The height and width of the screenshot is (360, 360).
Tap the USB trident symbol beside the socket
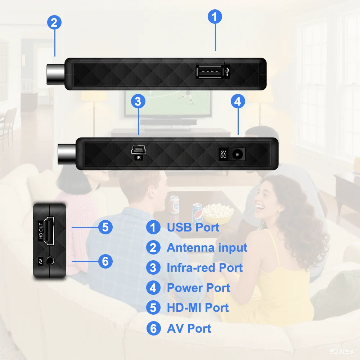228,72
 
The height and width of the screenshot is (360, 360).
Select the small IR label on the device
138,157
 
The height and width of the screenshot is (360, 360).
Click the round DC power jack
237,154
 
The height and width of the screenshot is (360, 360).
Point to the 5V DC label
223,154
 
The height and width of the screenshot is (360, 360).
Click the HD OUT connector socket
49,231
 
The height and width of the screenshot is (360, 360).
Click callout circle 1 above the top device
215,17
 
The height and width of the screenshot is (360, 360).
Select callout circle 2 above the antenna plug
54,23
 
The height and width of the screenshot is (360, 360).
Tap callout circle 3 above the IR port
138,102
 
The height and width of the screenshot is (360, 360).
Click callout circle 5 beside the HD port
105,227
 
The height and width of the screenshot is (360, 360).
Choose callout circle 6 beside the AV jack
105,261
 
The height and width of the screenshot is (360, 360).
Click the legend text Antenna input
207,248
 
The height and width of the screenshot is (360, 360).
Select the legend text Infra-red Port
204,268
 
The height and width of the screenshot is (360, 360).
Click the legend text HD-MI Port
198,308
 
